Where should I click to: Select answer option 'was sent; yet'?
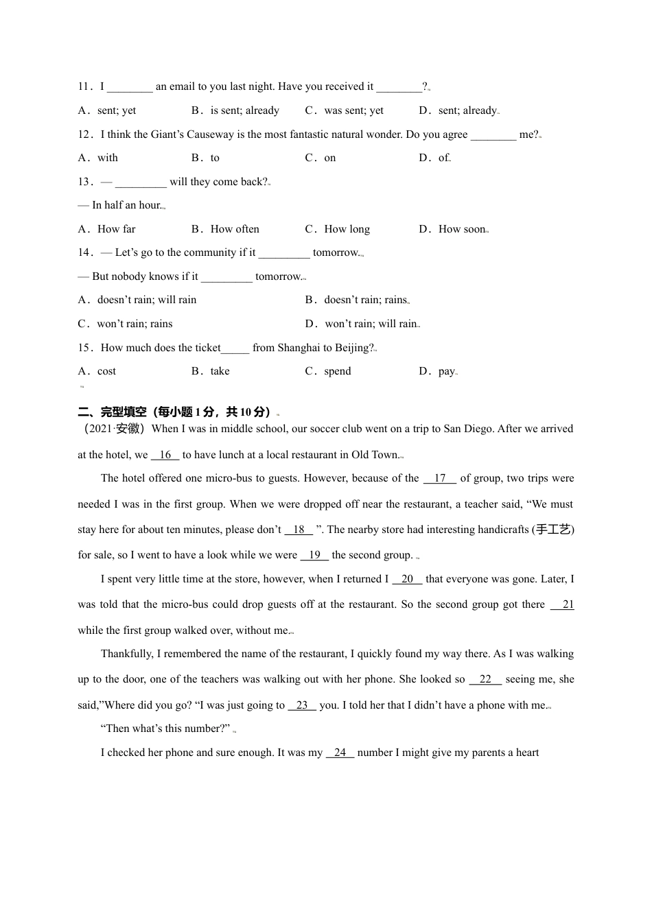tap(353, 110)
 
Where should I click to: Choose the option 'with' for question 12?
tap(108, 158)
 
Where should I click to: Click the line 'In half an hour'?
tap(126, 205)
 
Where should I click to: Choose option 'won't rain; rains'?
tap(135, 324)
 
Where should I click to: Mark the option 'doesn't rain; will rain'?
tap(147, 300)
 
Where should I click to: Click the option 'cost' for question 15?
tap(106, 371)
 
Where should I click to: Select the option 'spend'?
tap(337, 371)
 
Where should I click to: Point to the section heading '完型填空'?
tap(124, 412)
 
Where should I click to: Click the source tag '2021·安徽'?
tap(113, 429)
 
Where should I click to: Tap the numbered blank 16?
tap(165, 455)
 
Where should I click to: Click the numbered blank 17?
tap(440, 478)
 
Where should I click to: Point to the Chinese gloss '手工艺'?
tap(553, 530)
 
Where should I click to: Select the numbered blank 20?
tap(407, 579)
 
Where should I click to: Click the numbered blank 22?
tap(485, 679)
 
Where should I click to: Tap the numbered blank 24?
tap(340, 753)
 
